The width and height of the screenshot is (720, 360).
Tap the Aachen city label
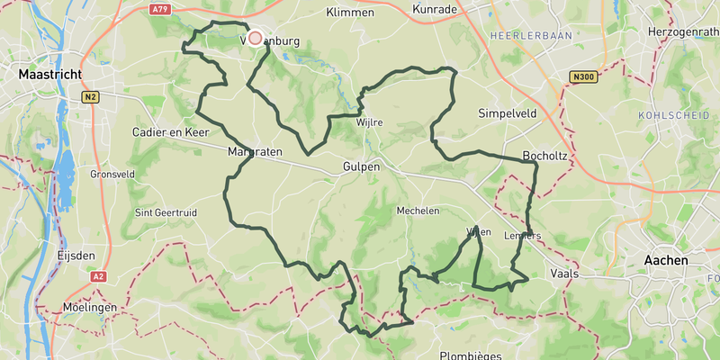[x=666, y=260]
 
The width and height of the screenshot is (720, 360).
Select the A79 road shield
[x=160, y=9]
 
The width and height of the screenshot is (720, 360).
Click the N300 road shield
[x=583, y=77]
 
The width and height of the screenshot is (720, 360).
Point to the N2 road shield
[x=89, y=96]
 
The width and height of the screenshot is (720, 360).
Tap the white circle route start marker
[x=255, y=38]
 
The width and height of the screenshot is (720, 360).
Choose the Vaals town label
[x=563, y=272]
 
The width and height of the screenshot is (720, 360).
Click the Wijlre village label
[x=370, y=121]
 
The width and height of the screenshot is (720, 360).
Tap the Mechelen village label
[x=418, y=211]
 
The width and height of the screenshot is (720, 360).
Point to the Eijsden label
[x=76, y=256]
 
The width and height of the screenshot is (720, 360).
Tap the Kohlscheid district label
[x=670, y=115]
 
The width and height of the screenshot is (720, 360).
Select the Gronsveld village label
[x=112, y=174]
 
